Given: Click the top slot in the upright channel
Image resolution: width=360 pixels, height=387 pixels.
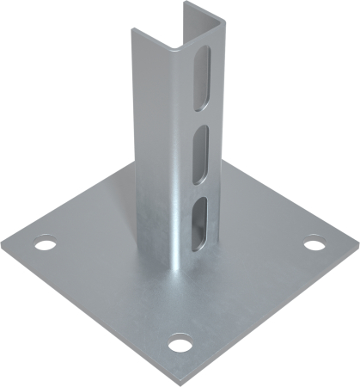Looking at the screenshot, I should (x=202, y=76).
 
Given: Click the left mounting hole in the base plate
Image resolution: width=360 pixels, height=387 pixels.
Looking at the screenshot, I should (x=43, y=246).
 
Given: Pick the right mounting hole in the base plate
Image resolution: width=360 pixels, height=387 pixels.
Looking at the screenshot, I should (x=315, y=244).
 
